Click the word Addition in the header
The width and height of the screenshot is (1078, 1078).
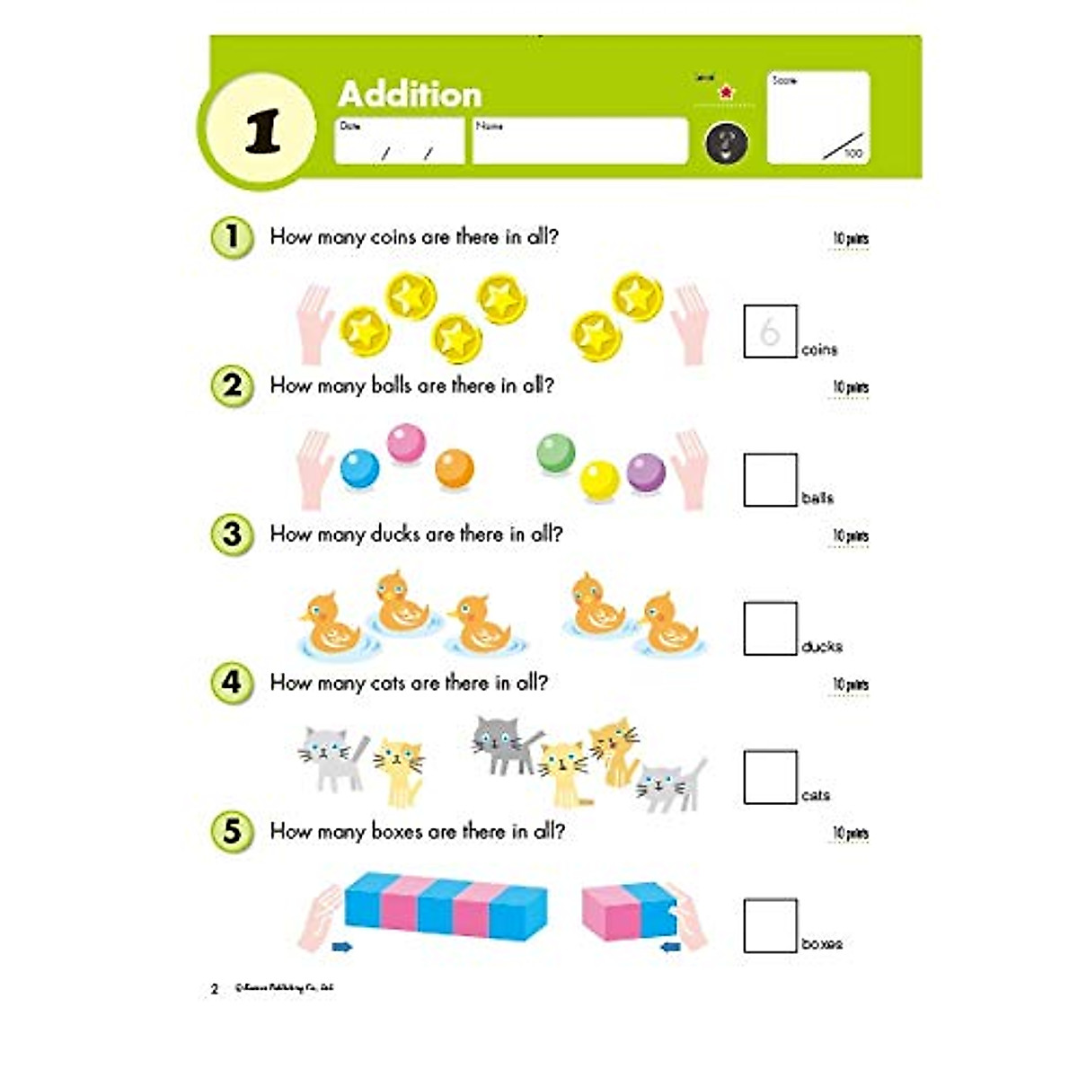[x=410, y=94]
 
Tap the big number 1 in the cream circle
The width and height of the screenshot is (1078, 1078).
[x=262, y=131]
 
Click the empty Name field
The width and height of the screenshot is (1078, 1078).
[x=579, y=142]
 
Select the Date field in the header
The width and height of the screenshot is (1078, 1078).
[x=399, y=142]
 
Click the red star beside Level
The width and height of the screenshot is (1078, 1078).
[x=727, y=92]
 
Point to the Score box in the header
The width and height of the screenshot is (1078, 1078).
[x=817, y=118]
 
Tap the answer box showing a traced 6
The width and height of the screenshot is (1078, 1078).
[x=770, y=331]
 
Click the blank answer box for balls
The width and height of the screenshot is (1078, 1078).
[x=770, y=480]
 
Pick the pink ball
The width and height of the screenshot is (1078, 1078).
[x=406, y=443]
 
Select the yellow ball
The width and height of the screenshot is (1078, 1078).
[x=599, y=479]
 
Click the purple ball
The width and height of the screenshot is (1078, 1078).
[x=646, y=472]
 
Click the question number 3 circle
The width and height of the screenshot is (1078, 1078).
[x=232, y=535]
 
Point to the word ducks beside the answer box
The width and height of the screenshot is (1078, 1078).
[x=821, y=646]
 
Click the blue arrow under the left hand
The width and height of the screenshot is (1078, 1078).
[x=341, y=946]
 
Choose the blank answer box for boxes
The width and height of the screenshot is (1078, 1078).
[x=770, y=925]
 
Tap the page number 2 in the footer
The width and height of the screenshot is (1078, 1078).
[x=215, y=988]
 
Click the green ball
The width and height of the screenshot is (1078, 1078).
[x=555, y=452]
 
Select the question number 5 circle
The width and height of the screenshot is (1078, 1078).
[x=232, y=831]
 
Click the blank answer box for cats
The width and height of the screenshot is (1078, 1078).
[x=770, y=777]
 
